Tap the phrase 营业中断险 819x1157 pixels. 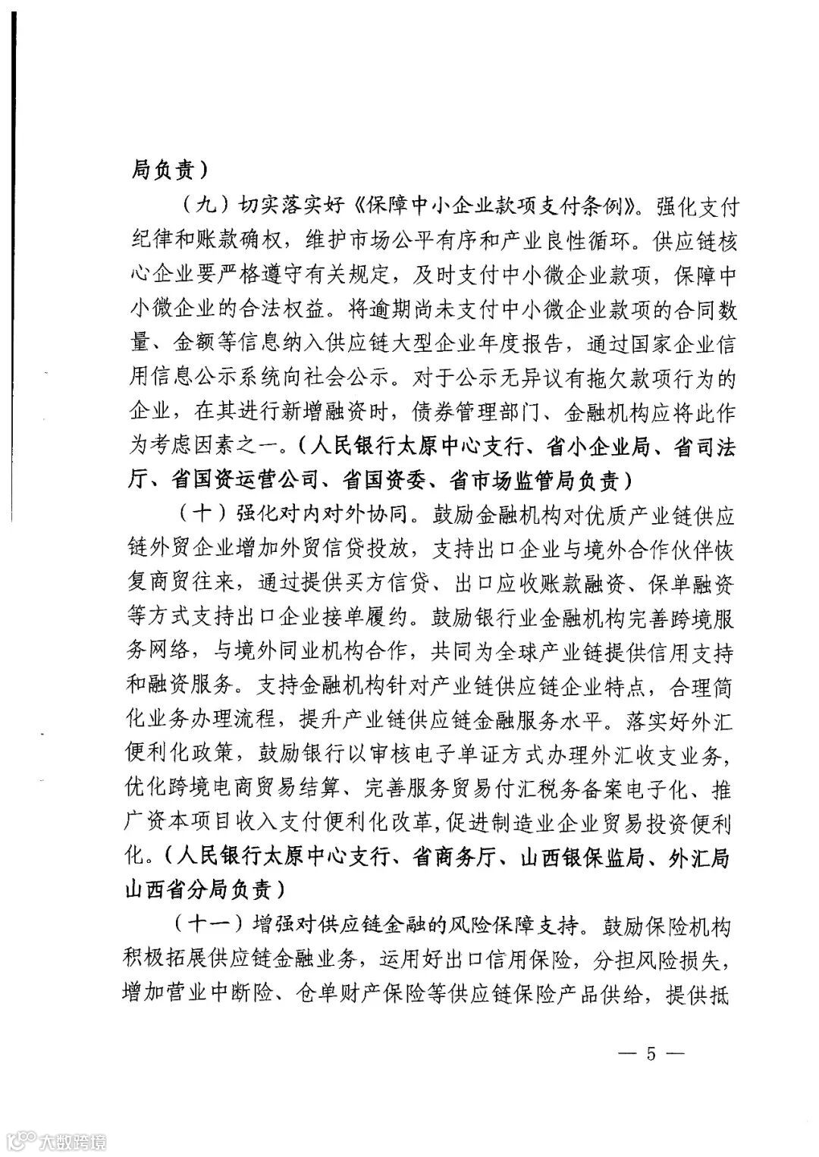tap(209, 996)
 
